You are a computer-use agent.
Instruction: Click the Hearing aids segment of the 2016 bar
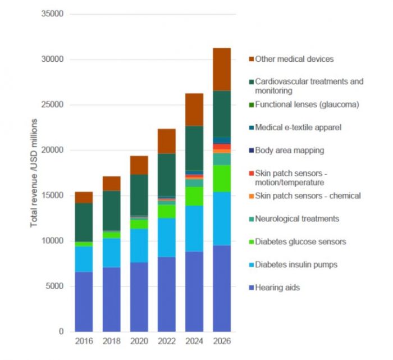[84, 302]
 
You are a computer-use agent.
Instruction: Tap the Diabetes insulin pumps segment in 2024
[194, 229]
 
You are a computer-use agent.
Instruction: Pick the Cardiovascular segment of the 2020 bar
[139, 195]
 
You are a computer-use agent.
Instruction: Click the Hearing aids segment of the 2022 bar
[167, 294]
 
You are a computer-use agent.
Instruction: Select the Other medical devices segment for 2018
[111, 183]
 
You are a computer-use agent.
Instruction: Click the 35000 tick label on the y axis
[52, 13]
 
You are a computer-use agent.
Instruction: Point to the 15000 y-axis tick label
[52, 195]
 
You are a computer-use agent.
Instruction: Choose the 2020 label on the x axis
[139, 341]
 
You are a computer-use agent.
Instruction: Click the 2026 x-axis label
[222, 341]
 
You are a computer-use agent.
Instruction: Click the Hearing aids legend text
[277, 288]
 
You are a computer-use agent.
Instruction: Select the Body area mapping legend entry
[289, 151]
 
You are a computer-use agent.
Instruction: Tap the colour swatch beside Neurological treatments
[251, 219]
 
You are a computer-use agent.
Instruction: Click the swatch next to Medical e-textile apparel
[251, 127]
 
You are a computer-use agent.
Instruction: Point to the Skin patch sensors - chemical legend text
[308, 196]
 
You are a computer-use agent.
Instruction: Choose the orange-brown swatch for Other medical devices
[251, 59]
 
